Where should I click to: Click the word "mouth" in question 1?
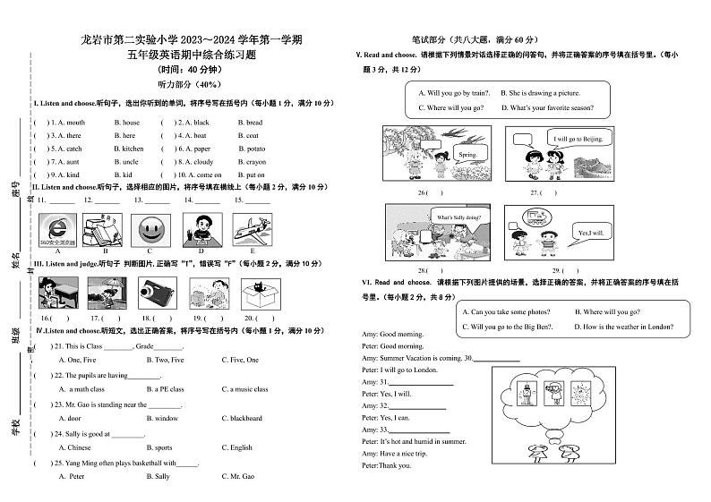point(76,123)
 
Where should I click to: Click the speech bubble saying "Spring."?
point(467,155)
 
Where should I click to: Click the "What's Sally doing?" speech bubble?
point(458,217)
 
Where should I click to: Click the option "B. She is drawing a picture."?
point(540,93)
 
